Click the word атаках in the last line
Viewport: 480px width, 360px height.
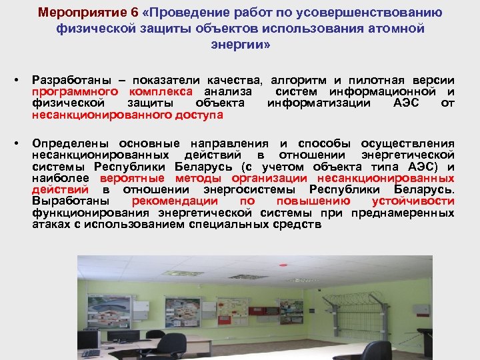(51, 225)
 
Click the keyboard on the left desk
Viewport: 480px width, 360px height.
(90, 352)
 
